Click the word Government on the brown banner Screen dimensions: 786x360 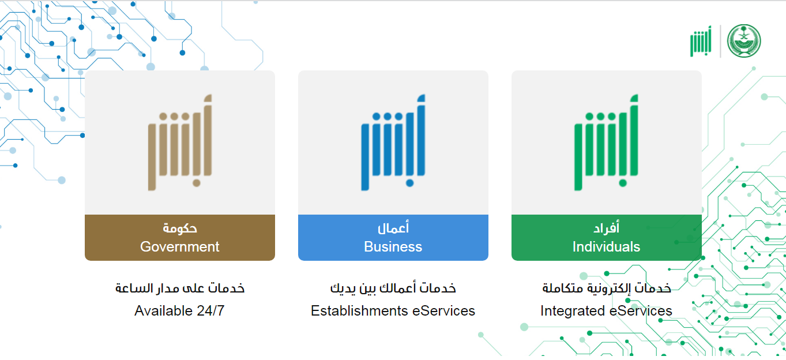pyautogui.click(x=180, y=247)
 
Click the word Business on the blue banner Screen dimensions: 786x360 pyautogui.click(x=393, y=247)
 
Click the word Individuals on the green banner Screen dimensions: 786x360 pyautogui.click(x=606, y=247)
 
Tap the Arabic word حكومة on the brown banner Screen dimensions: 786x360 pyautogui.click(x=180, y=228)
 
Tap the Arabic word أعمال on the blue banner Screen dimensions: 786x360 pyautogui.click(x=393, y=228)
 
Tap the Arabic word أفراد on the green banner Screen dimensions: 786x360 pyautogui.click(x=606, y=228)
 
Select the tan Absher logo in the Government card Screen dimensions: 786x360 pyautogui.click(x=180, y=142)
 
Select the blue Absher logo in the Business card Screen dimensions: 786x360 pyautogui.click(x=393, y=142)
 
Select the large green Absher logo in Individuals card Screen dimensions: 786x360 pyautogui.click(x=606, y=142)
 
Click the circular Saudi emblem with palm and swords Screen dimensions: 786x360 pyautogui.click(x=744, y=41)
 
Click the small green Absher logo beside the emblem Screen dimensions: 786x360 pyautogui.click(x=701, y=41)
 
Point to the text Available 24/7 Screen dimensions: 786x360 pyautogui.click(x=179, y=311)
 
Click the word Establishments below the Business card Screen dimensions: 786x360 pyautogui.click(x=359, y=311)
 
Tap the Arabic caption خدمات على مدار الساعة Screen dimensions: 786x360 pyautogui.click(x=180, y=288)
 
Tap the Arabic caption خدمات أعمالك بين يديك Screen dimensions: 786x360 pyautogui.click(x=393, y=288)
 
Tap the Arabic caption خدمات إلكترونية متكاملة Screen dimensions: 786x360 pyautogui.click(x=606, y=288)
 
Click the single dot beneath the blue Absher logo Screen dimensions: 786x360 pyautogui.click(x=409, y=183)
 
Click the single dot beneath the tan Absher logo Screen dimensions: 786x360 pyautogui.click(x=197, y=183)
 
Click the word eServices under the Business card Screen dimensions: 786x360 pyautogui.click(x=443, y=311)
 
